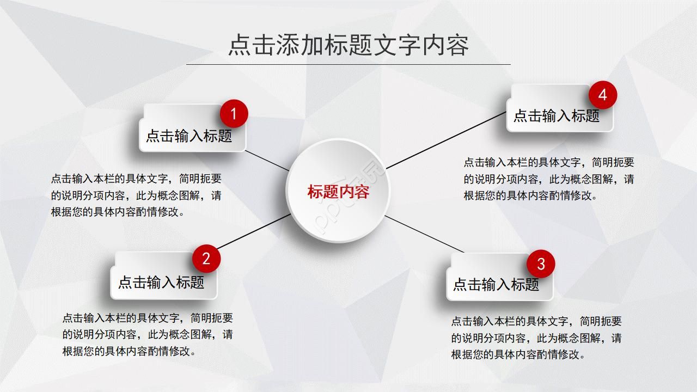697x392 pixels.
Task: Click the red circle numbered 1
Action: (x=234, y=114)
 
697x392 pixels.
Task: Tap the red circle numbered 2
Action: (x=206, y=259)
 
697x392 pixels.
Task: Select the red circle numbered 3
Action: (x=541, y=264)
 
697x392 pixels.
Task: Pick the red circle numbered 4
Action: (x=603, y=95)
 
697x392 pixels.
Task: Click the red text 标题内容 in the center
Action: (x=338, y=191)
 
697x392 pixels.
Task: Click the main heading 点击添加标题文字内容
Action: (x=348, y=45)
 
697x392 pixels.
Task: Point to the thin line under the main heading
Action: (x=348, y=64)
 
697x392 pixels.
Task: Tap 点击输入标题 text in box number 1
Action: (x=189, y=136)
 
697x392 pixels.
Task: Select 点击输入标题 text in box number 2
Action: (x=161, y=283)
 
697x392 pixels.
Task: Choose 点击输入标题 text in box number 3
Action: (x=496, y=284)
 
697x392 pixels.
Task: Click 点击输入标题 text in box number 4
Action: (x=557, y=116)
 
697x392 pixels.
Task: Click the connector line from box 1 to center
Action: (x=267, y=161)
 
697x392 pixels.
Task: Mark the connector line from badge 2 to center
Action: (x=254, y=232)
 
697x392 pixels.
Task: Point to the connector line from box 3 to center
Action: (x=424, y=234)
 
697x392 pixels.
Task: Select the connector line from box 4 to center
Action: (x=446, y=140)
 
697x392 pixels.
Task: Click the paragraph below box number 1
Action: (x=136, y=195)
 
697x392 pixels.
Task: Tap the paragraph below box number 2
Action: (x=148, y=334)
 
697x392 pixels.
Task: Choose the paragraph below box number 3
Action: (x=536, y=338)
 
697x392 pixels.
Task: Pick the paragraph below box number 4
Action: (x=549, y=179)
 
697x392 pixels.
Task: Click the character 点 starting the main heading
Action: (x=240, y=45)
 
